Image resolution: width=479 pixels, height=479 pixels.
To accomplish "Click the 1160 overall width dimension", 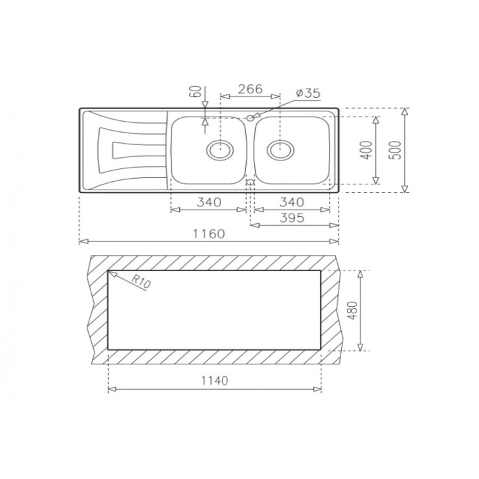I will pos(208,234).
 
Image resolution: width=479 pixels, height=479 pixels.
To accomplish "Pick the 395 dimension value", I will pos(293,217).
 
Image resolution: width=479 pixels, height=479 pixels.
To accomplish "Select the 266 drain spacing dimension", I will pos(249,89).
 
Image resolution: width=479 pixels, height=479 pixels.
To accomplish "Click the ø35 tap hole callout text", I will pos(307,93).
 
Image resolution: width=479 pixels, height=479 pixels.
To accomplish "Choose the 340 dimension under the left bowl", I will pos(208,202).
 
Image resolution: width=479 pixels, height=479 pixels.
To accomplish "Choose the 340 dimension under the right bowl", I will pos(293,202).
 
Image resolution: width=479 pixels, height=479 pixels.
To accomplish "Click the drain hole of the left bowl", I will pos(219,150).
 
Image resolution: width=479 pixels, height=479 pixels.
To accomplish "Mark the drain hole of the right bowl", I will pos(280,150).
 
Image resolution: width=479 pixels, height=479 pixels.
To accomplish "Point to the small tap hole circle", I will pos(250,118).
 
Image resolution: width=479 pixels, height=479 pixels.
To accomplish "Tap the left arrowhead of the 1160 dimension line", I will pos(81,241).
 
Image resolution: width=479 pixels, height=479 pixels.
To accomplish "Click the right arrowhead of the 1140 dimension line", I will pos(319,390).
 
